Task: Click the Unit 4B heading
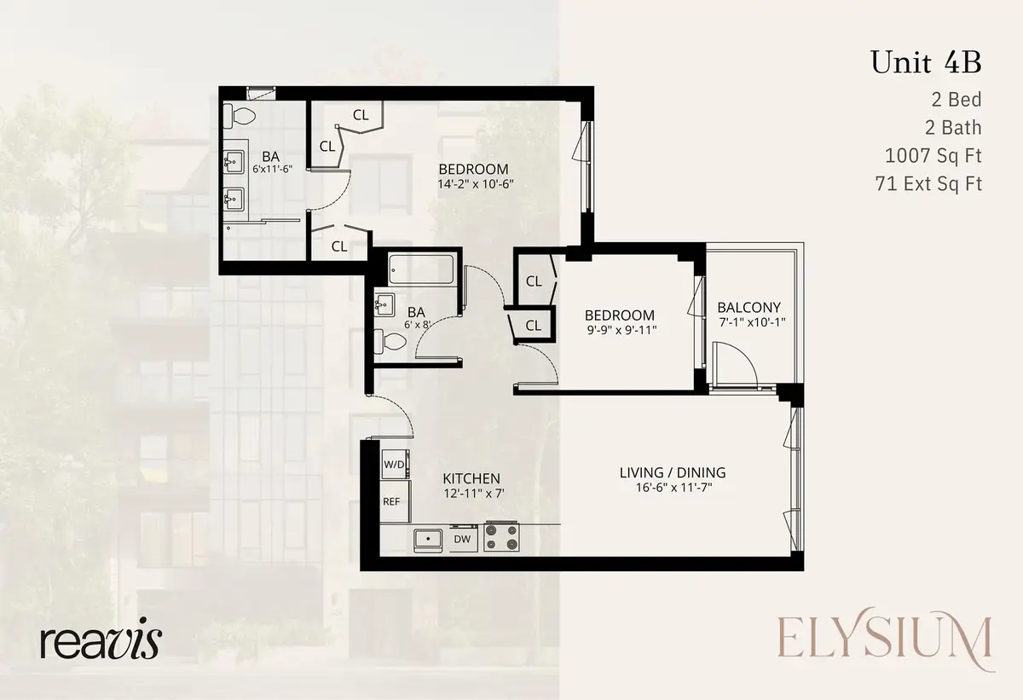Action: (x=926, y=63)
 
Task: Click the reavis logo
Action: (x=100, y=641)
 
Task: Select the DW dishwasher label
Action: (x=461, y=539)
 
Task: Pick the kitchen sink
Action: (x=427, y=539)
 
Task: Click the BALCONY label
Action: (x=748, y=307)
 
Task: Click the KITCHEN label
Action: (x=471, y=478)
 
